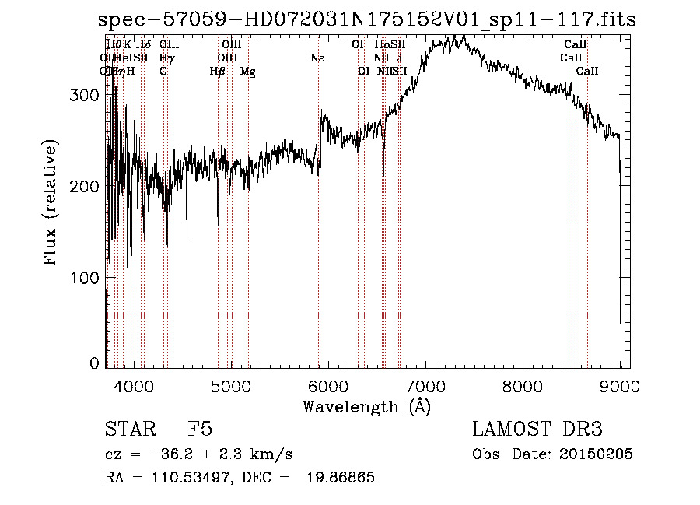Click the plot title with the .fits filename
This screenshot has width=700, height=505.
click(x=367, y=19)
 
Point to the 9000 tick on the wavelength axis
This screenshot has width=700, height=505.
click(x=620, y=385)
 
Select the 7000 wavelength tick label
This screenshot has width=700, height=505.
click(x=425, y=385)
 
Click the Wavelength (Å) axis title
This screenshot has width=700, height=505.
click(x=366, y=406)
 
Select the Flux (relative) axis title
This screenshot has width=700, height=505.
click(x=52, y=204)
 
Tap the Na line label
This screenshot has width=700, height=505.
click(x=317, y=58)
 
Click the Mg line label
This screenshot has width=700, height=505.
click(x=248, y=71)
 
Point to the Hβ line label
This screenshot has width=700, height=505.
click(x=218, y=71)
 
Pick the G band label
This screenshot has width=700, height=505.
click(x=163, y=71)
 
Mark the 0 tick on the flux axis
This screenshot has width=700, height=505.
click(x=95, y=363)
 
